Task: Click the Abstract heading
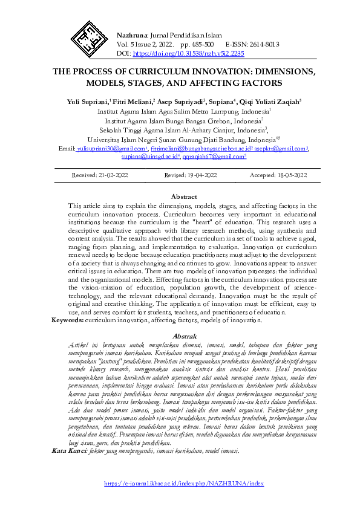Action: [x=184, y=196]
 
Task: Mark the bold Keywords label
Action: [x=67, y=320]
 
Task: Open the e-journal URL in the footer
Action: [x=184, y=484]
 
